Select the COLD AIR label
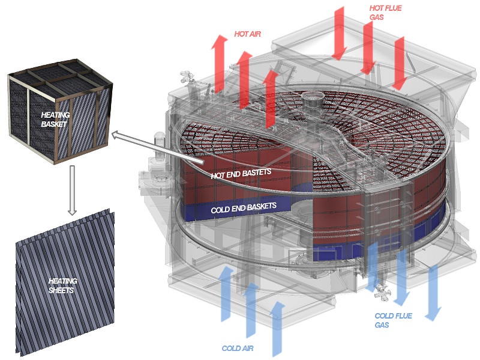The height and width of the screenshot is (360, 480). pyautogui.click(x=238, y=348)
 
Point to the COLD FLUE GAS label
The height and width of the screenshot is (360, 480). pyautogui.click(x=392, y=320)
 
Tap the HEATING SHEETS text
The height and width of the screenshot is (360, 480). pyautogui.click(x=62, y=285)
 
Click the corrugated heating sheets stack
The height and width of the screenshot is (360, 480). pyautogui.click(x=63, y=282)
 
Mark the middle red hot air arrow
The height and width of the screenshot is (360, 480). pyautogui.click(x=244, y=78)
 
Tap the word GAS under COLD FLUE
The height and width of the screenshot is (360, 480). pyautogui.click(x=383, y=325)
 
